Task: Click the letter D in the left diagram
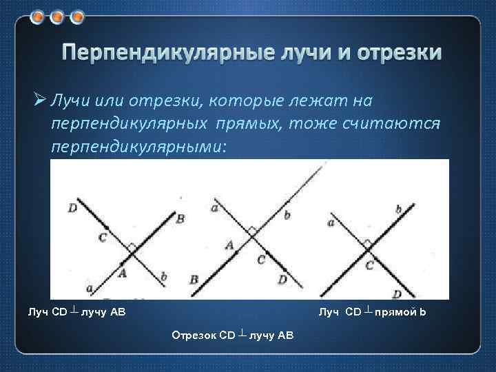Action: click(72, 206)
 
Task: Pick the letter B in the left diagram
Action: click(180, 219)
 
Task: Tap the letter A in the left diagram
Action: click(124, 273)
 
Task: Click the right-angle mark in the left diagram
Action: click(132, 246)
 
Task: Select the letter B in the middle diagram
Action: click(194, 279)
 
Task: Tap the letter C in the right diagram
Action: click(369, 265)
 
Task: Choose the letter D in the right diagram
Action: click(397, 295)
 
